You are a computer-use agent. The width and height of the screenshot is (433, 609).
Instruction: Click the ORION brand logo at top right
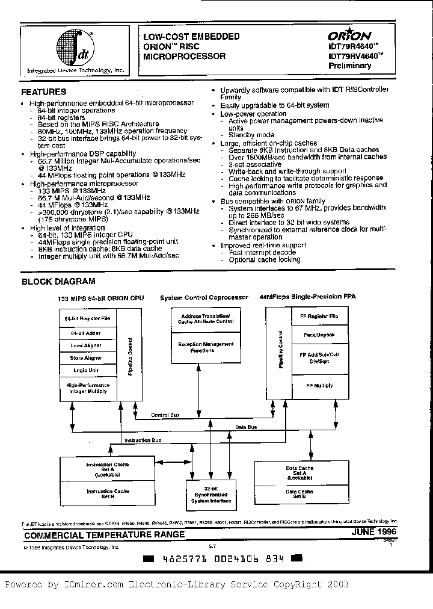349,36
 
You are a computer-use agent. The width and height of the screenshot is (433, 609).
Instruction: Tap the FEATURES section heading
44,92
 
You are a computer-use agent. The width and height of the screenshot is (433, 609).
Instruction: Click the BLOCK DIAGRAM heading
59,281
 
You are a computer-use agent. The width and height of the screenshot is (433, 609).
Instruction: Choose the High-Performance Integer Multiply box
87,388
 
